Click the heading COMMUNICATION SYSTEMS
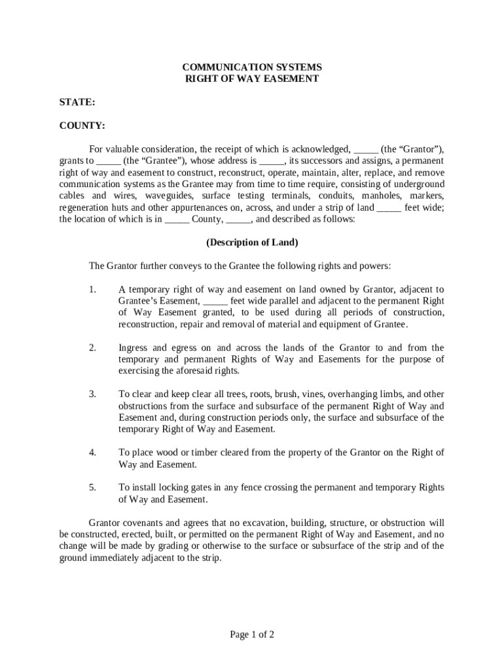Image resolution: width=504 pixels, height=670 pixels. [252, 67]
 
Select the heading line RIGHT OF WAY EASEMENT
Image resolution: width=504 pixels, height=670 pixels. [252, 79]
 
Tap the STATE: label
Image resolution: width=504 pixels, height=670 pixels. [77, 102]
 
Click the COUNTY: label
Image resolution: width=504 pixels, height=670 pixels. [82, 126]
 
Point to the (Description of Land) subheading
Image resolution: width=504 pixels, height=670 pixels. [252, 243]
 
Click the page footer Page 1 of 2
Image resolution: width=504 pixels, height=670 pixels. [252, 634]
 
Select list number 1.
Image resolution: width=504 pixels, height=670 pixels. [92, 289]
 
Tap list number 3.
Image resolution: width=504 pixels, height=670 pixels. [92, 394]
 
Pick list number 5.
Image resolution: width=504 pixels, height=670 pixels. [92, 487]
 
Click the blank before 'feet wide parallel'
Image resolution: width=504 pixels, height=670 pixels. [215, 301]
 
